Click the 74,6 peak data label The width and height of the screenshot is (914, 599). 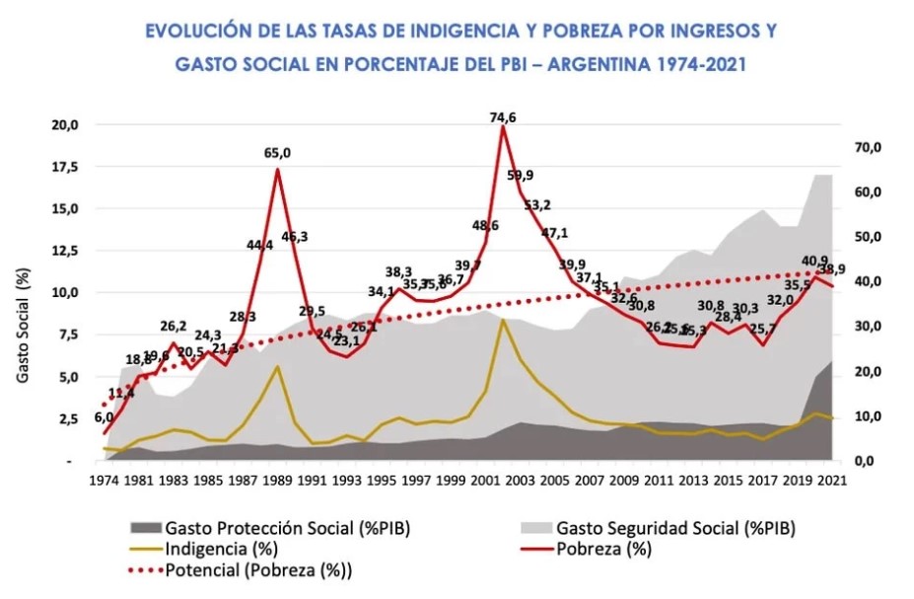[x=503, y=117]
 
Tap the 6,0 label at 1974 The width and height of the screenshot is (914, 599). [x=104, y=417]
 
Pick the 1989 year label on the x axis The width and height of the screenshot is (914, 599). [x=278, y=483]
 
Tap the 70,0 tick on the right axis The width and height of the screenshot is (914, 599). [x=865, y=147]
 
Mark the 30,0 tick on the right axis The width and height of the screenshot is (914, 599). [x=865, y=327]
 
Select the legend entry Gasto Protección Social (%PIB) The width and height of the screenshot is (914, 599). [x=287, y=528]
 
